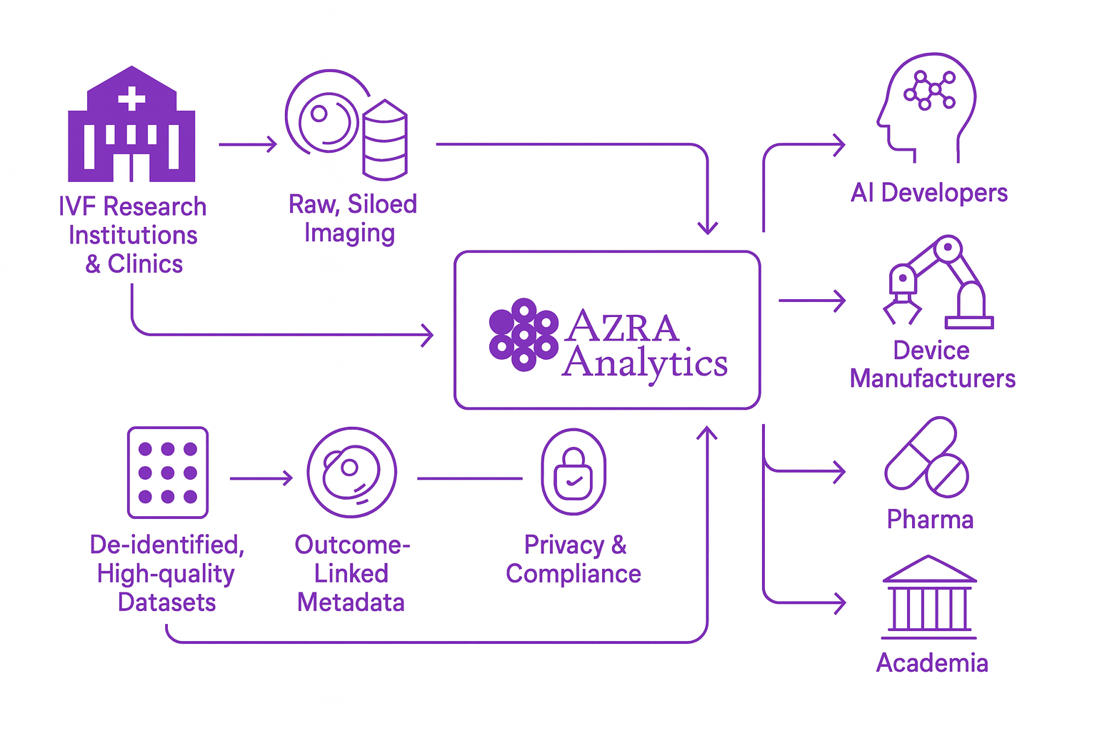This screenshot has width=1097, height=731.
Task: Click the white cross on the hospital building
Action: pyautogui.click(x=131, y=99)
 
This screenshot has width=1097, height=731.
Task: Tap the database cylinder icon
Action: pyautogui.click(x=385, y=140)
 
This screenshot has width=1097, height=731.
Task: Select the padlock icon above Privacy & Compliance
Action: pyautogui.click(x=573, y=473)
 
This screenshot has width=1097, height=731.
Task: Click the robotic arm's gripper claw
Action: pyautogui.click(x=902, y=310)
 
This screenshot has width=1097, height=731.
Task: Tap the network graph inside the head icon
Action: pyautogui.click(x=929, y=90)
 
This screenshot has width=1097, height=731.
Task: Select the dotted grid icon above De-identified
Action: pyautogui.click(x=168, y=473)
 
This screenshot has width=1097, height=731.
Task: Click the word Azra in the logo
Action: pyautogui.click(x=621, y=327)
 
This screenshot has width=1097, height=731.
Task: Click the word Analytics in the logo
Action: pyautogui.click(x=644, y=363)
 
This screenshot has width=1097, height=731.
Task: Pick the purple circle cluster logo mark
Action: pyautogui.click(x=524, y=334)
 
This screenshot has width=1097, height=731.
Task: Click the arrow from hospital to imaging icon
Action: pyautogui.click(x=247, y=144)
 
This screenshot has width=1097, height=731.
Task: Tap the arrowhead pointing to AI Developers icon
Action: pyautogui.click(x=839, y=145)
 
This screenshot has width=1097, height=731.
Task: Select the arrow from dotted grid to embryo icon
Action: pyautogui.click(x=261, y=478)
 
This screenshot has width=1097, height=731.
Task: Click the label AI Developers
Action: pyautogui.click(x=928, y=193)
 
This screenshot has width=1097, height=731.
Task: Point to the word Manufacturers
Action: pyautogui.click(x=932, y=378)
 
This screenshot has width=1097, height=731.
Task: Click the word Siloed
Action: pyautogui.click(x=382, y=205)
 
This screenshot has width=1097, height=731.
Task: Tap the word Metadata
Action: pyautogui.click(x=351, y=603)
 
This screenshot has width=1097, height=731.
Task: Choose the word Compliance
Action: pyautogui.click(x=573, y=574)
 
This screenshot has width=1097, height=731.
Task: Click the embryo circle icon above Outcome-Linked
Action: pyautogui.click(x=351, y=473)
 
